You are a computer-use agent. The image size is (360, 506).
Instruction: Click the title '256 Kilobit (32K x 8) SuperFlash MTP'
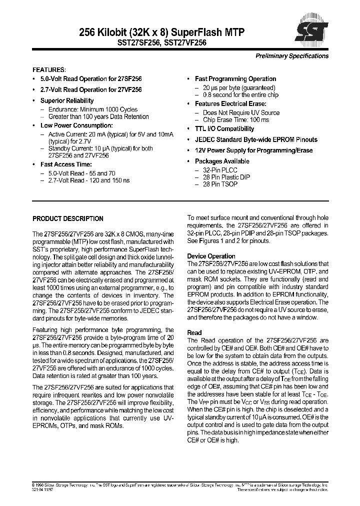(161, 32)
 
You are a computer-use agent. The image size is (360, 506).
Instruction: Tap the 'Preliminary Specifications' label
(292, 56)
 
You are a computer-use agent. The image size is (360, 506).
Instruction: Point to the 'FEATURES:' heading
(49, 70)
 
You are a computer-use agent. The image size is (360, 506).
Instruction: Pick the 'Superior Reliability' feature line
(67, 101)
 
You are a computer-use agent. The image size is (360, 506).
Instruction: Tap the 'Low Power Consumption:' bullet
(76, 125)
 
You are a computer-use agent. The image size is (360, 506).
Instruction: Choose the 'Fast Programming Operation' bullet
(235, 79)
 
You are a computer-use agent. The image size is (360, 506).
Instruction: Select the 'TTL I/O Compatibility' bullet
(224, 129)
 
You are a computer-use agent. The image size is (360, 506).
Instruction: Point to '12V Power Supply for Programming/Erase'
(253, 150)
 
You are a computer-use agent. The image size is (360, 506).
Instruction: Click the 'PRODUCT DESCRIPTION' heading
(68, 218)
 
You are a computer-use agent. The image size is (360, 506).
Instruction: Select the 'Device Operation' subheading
(211, 256)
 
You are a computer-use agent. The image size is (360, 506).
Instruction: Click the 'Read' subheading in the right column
(194, 332)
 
